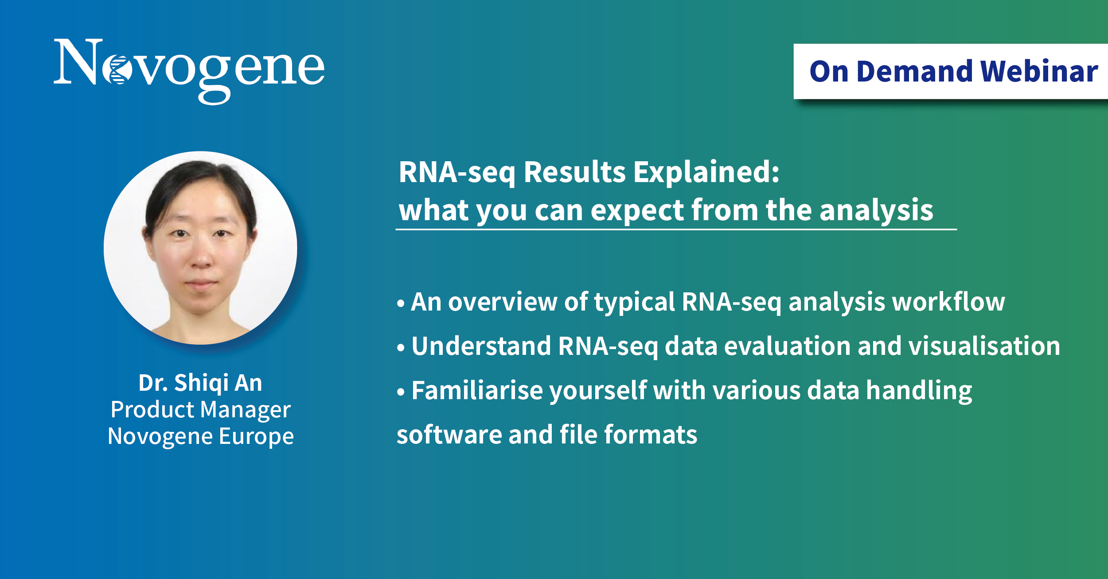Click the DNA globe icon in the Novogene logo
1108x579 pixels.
pos(117,70)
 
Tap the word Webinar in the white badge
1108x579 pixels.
pos(1039,71)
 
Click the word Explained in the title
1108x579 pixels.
pos(706,172)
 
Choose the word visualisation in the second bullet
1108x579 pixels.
pos(984,346)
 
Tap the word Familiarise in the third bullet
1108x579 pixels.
pos(477,390)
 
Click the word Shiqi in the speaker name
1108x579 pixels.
pos(201,383)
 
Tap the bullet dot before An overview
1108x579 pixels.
pos(401,303)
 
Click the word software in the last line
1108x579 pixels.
pos(449,435)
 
